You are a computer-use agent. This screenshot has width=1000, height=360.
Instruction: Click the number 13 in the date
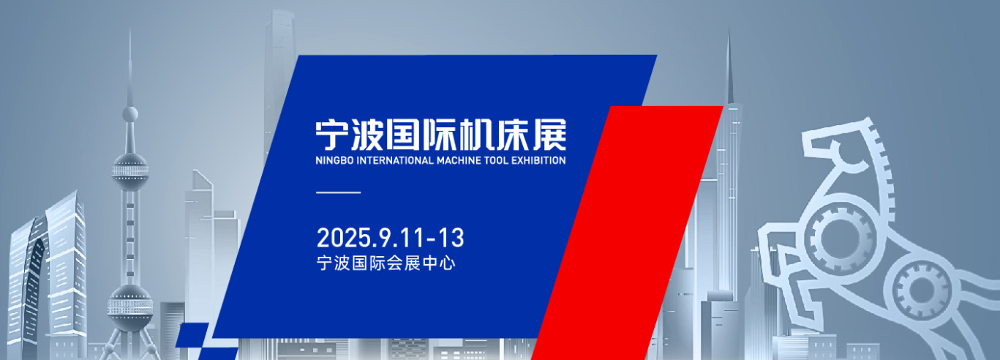(451, 238)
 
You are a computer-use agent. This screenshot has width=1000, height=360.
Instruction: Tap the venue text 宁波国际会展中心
(386, 263)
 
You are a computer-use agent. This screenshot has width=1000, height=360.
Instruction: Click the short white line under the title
(339, 192)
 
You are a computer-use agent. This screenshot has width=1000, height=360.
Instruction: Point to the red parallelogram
(627, 232)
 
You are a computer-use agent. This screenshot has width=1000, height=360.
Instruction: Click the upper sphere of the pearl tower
(130, 172)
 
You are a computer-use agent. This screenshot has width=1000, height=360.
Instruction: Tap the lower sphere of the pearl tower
(130, 308)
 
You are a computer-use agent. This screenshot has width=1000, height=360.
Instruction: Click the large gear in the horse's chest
(839, 238)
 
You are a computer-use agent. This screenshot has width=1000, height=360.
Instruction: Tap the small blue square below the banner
(192, 335)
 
